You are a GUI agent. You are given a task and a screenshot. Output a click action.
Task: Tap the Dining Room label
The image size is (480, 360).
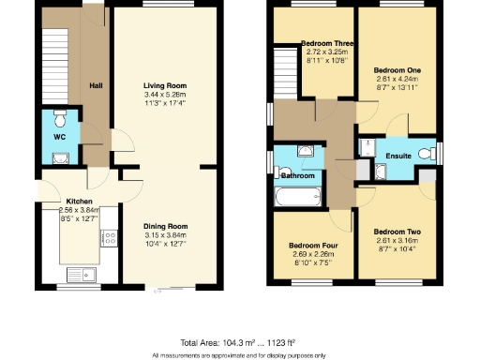point(166,226)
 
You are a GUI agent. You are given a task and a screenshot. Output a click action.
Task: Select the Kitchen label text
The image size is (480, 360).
point(79,201)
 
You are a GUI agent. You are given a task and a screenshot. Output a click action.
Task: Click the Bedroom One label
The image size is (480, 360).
point(397,70)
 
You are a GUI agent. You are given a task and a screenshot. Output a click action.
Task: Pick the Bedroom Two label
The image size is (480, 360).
point(397,232)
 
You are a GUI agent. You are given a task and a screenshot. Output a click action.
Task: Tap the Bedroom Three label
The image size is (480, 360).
point(326,43)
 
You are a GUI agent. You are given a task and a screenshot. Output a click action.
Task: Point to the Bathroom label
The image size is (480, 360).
point(297,175)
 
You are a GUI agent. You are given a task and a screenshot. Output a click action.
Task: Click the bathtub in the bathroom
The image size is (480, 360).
point(298,197)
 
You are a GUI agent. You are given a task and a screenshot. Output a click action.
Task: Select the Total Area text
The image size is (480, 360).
point(239,342)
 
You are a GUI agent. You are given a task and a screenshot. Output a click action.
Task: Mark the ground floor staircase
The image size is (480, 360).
point(56,66)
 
